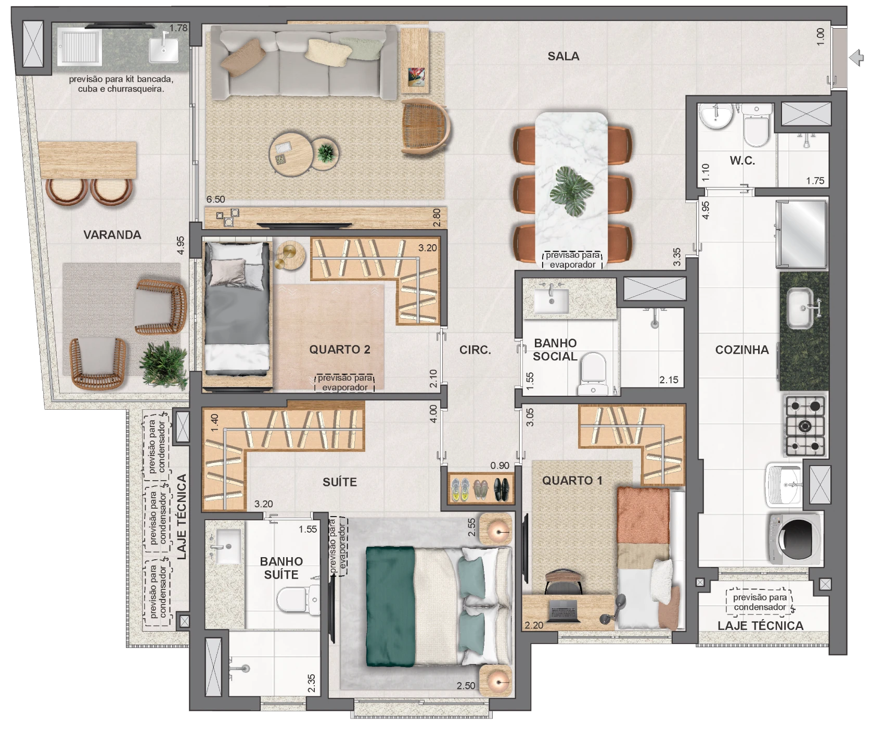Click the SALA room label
[563, 56]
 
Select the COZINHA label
[741, 350]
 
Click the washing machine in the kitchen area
[795, 539]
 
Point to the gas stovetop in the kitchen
[805, 426]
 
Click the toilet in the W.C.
[757, 125]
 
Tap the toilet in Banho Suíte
[298, 600]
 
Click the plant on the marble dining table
[572, 191]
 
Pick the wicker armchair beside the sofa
[425, 127]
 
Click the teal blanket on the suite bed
[390, 606]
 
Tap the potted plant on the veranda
[163, 364]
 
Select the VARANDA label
[112, 235]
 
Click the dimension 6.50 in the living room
[215, 199]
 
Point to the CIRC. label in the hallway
[475, 350]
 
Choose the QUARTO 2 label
[340, 349]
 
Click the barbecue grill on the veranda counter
[80, 46]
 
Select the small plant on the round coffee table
[326, 153]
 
